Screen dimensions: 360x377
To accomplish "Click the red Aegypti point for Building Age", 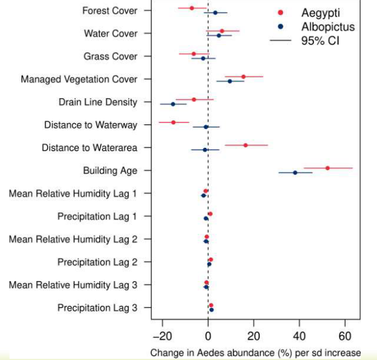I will click(x=328, y=168).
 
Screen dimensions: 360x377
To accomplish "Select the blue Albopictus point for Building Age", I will click(x=295, y=172).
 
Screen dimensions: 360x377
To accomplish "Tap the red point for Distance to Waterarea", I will click(x=246, y=145).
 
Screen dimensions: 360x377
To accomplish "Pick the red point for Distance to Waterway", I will click(x=173, y=122).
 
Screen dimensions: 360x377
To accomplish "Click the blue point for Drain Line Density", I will click(x=173, y=104).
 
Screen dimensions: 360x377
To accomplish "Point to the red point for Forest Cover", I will click(x=192, y=8).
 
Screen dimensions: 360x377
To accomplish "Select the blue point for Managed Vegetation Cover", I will click(x=230, y=81).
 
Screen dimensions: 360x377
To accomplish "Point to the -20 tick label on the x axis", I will click(x=161, y=335).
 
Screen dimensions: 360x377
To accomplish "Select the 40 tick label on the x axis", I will click(x=299, y=335).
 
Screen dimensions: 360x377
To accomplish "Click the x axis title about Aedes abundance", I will click(x=255, y=352).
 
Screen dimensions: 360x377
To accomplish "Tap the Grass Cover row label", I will click(x=110, y=56).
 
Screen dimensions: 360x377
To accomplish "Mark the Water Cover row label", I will click(x=110, y=33).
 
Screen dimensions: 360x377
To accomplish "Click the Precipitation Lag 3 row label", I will click(x=97, y=308).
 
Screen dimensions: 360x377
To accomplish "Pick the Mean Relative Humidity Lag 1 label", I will click(x=73, y=194).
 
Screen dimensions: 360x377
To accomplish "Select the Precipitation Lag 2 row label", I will click(x=97, y=262).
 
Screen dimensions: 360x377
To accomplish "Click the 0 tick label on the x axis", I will click(x=208, y=335).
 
